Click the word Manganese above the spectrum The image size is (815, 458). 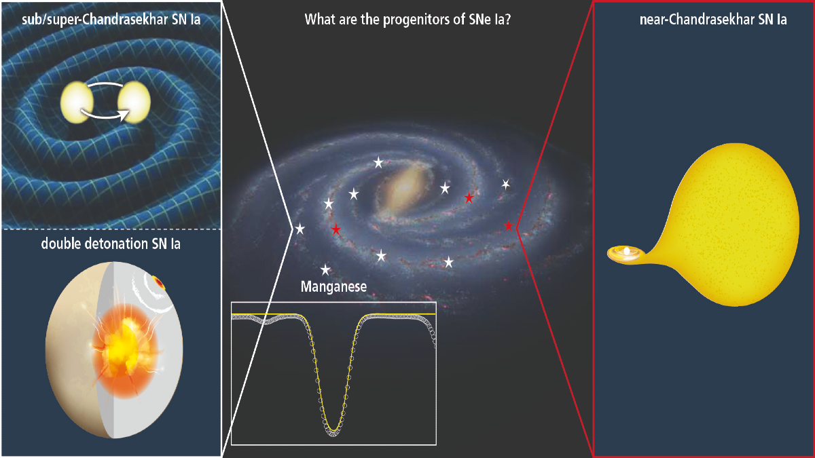coord(333,287)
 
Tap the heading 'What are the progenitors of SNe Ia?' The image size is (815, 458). coord(407,20)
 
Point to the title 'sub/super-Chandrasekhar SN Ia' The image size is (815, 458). coord(110,20)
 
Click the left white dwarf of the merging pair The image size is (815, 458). coord(75,104)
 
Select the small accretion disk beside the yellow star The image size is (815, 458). coord(625,253)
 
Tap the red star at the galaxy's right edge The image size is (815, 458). coord(509,225)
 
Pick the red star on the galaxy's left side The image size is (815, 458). coord(336,230)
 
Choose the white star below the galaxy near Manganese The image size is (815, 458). coord(326,269)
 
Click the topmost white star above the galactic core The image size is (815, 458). coord(379,163)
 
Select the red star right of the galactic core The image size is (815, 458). coord(469,198)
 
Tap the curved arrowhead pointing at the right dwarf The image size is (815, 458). coord(124,116)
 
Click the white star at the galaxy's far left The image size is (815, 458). coord(300,229)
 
